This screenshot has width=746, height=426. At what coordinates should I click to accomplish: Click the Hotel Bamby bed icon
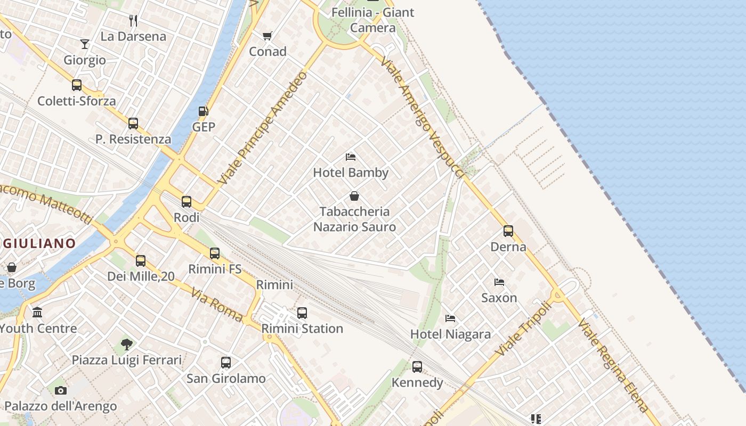[351, 157]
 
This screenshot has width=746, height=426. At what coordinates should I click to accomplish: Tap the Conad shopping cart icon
[267, 36]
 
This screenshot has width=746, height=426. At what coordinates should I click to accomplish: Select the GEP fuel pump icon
[203, 111]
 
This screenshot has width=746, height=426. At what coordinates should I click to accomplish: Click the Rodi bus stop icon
[186, 202]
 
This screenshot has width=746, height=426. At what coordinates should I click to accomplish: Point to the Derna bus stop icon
[508, 231]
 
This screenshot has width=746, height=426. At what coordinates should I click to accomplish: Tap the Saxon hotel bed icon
[499, 282]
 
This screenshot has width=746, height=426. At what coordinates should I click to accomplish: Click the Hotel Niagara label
[450, 334]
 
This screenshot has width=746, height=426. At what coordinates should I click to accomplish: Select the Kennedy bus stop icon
[417, 367]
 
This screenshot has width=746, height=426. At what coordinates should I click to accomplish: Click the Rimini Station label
[302, 329]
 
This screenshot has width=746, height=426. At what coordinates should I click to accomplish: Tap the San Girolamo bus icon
[226, 363]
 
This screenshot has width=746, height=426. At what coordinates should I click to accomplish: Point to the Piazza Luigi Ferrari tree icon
[126, 345]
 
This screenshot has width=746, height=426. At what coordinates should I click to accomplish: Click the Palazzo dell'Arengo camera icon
[61, 391]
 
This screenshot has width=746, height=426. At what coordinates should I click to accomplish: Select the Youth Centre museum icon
[37, 313]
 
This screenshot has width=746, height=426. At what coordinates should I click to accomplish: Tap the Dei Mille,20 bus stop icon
[141, 261]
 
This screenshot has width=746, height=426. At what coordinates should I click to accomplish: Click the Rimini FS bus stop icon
[215, 253]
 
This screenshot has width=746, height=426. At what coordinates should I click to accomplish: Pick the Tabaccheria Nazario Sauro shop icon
[354, 196]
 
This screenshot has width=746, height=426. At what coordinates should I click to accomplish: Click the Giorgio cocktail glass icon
[85, 44]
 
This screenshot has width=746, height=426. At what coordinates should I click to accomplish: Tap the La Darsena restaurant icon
[133, 21]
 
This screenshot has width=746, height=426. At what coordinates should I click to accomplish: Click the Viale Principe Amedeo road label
[263, 128]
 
